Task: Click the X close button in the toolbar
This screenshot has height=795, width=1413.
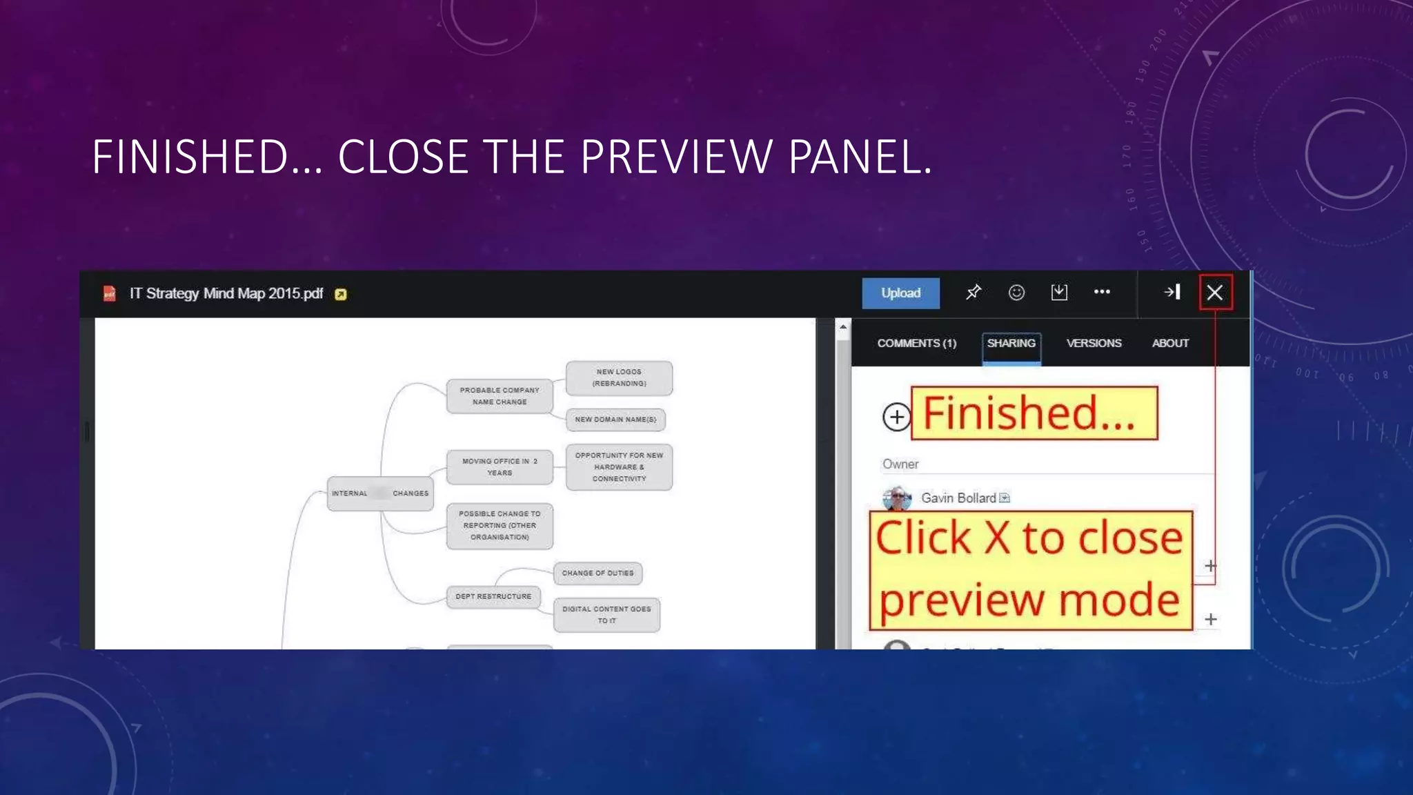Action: pyautogui.click(x=1215, y=293)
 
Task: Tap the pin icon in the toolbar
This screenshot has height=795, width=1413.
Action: pyautogui.click(x=973, y=293)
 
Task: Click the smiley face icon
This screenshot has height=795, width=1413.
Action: pyautogui.click(x=1016, y=293)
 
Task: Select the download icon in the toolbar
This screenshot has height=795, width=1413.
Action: pyautogui.click(x=1059, y=293)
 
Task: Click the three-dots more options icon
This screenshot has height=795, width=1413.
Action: pyautogui.click(x=1102, y=292)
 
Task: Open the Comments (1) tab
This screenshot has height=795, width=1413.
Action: pyautogui.click(x=916, y=343)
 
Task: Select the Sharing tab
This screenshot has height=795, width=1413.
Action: pyautogui.click(x=1011, y=343)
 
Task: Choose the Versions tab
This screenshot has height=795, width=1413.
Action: pyautogui.click(x=1094, y=343)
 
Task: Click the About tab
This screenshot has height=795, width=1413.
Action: pyautogui.click(x=1170, y=343)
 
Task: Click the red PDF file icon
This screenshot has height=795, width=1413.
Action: pyautogui.click(x=110, y=294)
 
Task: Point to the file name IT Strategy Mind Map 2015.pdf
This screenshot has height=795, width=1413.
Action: pyautogui.click(x=226, y=294)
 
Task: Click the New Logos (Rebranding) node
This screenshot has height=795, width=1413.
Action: pyautogui.click(x=619, y=377)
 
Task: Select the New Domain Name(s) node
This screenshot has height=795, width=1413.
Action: pyautogui.click(x=615, y=420)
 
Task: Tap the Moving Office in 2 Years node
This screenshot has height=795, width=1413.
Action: pyautogui.click(x=500, y=467)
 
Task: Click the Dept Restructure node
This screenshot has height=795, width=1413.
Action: pyautogui.click(x=493, y=596)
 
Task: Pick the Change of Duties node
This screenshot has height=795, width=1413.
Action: pyautogui.click(x=597, y=573)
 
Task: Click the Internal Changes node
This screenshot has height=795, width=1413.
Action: pyautogui.click(x=380, y=493)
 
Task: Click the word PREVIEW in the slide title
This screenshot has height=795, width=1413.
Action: pyautogui.click(x=676, y=157)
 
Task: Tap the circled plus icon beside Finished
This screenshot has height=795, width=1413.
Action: pyautogui.click(x=896, y=417)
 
